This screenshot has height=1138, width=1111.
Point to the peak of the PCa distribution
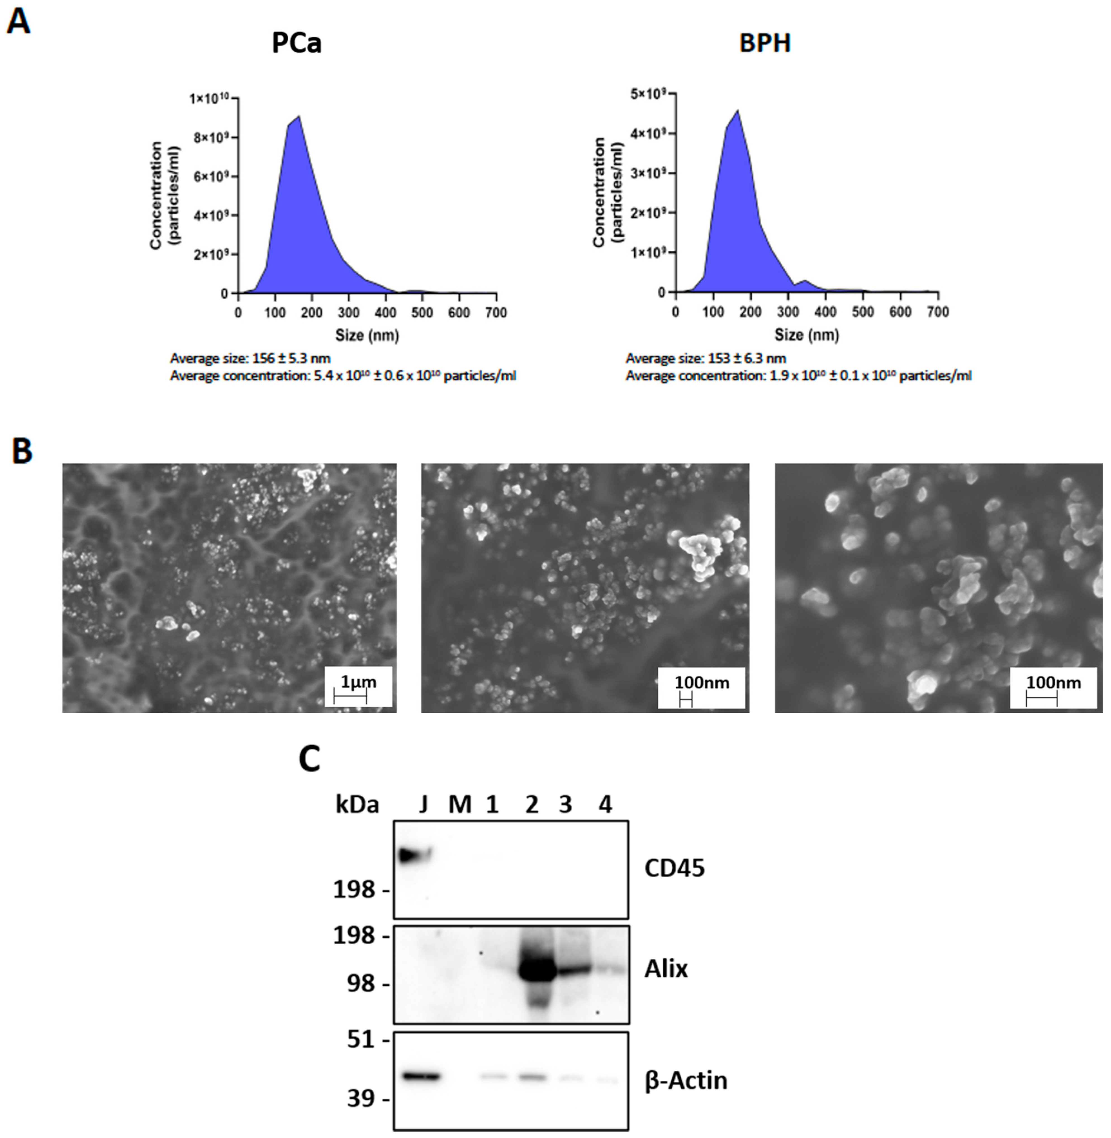click(298, 117)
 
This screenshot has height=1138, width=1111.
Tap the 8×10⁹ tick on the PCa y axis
click(212, 138)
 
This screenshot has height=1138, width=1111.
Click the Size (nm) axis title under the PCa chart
click(366, 335)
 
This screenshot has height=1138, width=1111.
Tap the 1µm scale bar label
click(358, 682)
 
